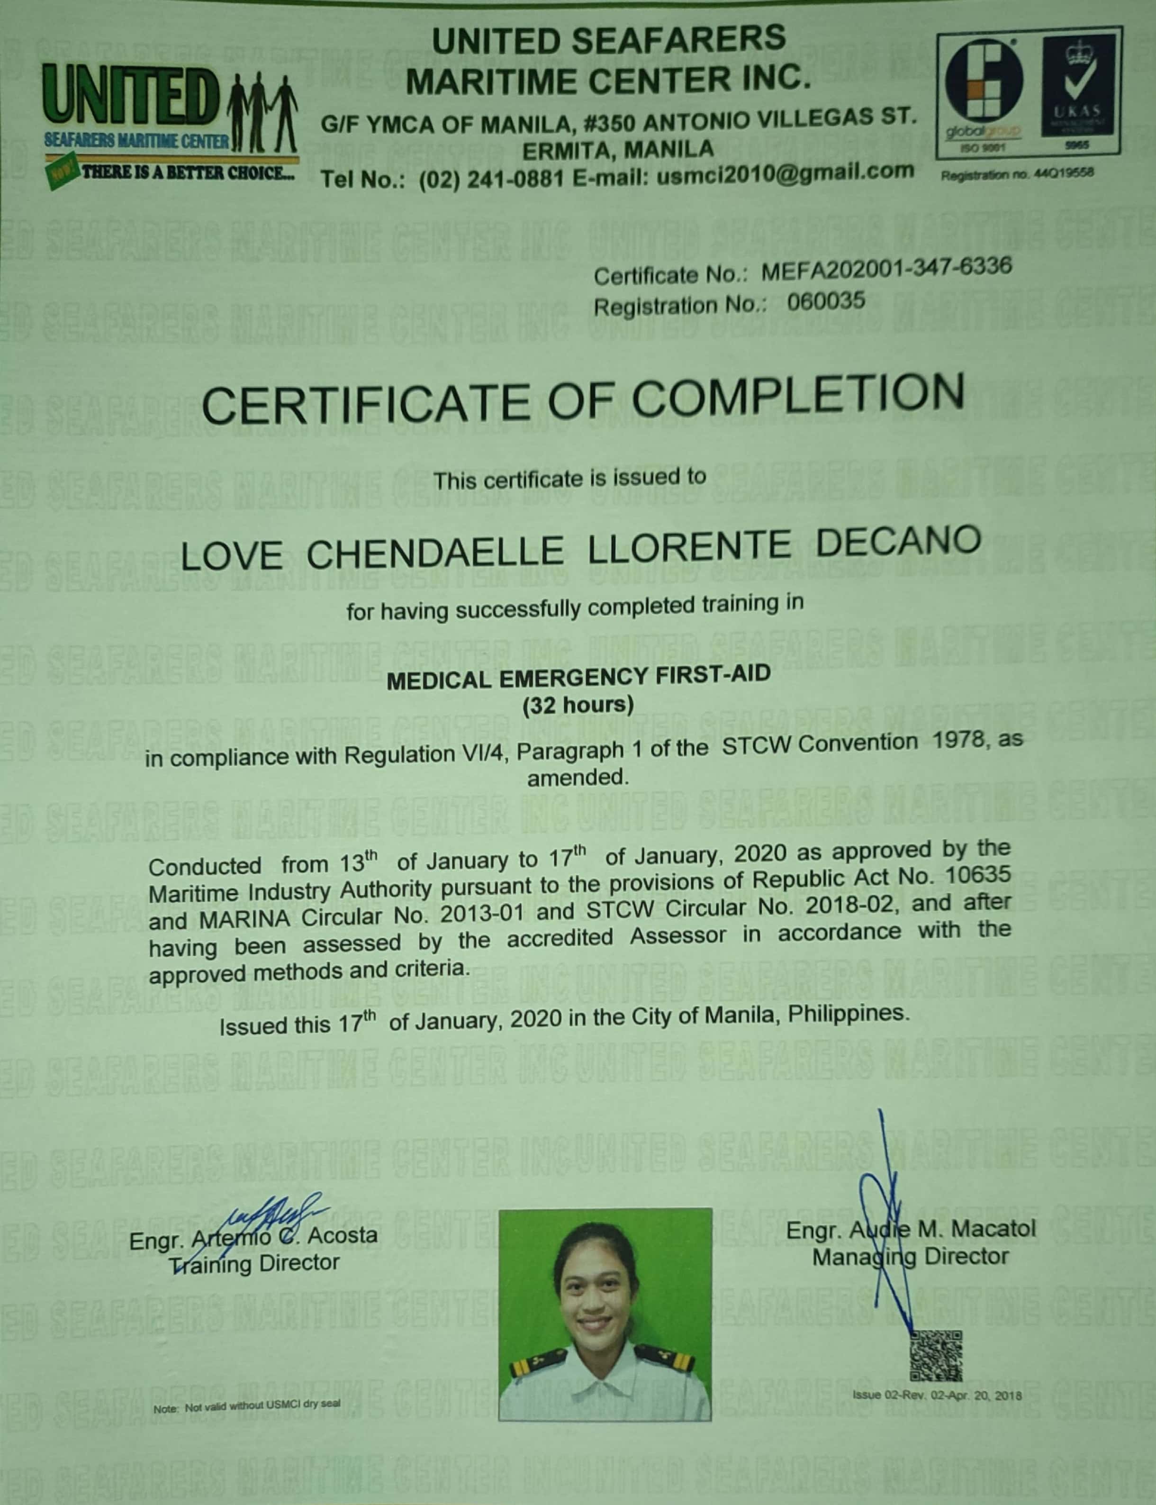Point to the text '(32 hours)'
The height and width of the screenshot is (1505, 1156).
[x=578, y=705]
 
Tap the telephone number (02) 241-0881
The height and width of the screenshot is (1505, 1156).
[x=491, y=179]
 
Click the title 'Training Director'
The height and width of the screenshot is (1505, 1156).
[x=254, y=1263]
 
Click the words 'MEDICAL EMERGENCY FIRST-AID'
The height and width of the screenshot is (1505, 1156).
[x=578, y=677]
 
